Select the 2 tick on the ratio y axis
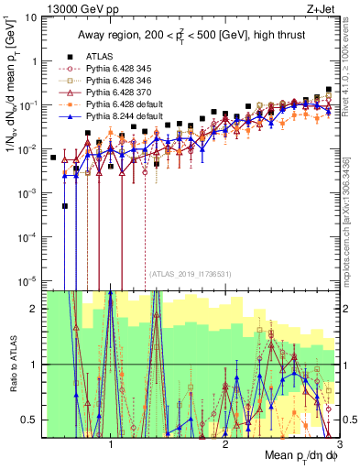click(x=37, y=309)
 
